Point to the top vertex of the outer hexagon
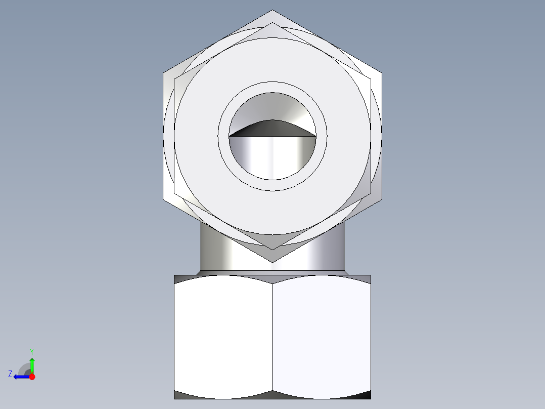pyautogui.click(x=272, y=10)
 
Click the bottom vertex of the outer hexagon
pyautogui.click(x=272, y=262)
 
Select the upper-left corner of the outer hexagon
pyautogui.click(x=163, y=73)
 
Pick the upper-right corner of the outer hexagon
pyautogui.click(x=382, y=73)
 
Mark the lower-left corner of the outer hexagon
pyautogui.click(x=163, y=199)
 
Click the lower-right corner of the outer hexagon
pyautogui.click(x=382, y=199)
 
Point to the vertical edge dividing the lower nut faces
pyautogui.click(x=272, y=337)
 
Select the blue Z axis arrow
pyautogui.click(x=20, y=377)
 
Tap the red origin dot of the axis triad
pyautogui.click(x=32, y=377)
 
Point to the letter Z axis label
pyautogui.click(x=10, y=374)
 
